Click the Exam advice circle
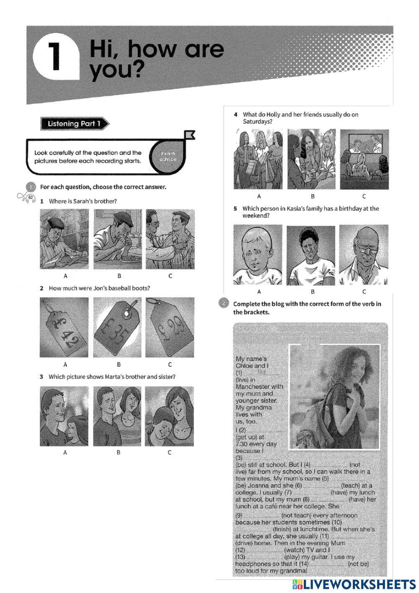click(168, 157)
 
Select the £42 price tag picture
click(64, 327)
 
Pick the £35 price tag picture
click(118, 327)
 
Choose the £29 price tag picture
click(170, 327)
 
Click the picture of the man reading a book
click(64, 239)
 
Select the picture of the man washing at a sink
click(118, 239)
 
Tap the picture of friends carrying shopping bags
click(258, 159)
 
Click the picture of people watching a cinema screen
click(364, 159)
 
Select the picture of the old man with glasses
click(364, 255)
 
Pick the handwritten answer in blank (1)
click(262, 372)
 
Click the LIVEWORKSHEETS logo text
click(358, 584)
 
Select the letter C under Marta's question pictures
click(170, 452)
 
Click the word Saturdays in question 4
click(256, 122)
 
